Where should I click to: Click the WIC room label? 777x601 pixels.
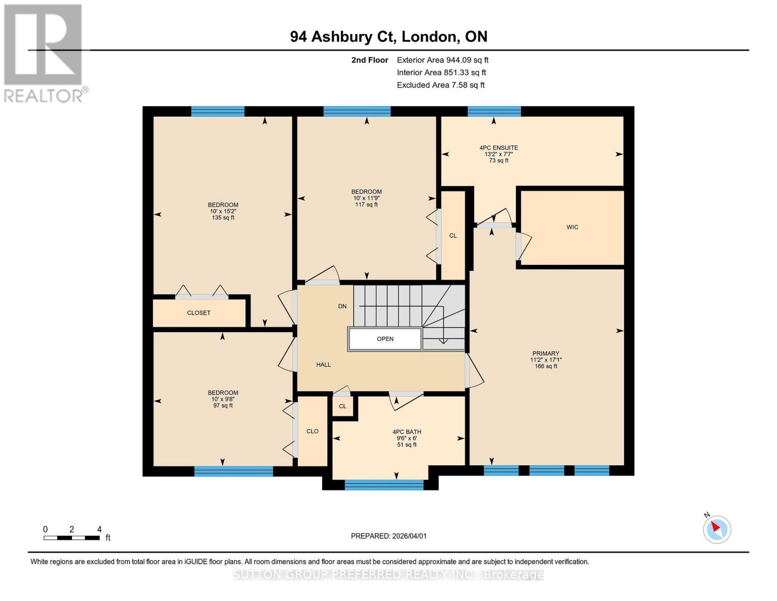tap(572, 227)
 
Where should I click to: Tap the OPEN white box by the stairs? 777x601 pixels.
tap(385, 339)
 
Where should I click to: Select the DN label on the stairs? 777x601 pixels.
tap(342, 306)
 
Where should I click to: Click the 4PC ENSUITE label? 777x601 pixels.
tap(498, 148)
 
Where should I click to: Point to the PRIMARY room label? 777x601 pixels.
tap(545, 354)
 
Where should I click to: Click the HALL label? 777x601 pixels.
tap(323, 365)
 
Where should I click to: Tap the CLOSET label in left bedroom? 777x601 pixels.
tap(199, 313)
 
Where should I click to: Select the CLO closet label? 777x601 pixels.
tap(312, 431)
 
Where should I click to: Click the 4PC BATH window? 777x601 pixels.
tap(384, 484)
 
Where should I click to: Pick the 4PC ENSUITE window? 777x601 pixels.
tap(494, 111)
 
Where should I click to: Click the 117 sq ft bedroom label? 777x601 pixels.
tap(366, 204)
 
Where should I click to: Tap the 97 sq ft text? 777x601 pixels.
tap(223, 406)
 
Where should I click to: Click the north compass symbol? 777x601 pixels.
tap(717, 529)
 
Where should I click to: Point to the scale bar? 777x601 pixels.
tap(72, 538)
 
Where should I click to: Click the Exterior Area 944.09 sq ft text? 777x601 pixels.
tap(442, 60)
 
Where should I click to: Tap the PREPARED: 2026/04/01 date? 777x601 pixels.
tap(388, 536)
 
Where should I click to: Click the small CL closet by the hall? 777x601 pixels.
tap(343, 406)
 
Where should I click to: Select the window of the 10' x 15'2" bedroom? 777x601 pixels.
tap(218, 111)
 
